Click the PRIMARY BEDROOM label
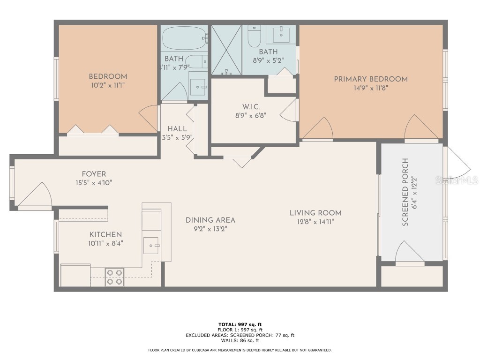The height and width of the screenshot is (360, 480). (370, 79)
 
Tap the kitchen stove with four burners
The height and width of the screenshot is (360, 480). (114, 277)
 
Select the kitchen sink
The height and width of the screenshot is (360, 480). (151, 245)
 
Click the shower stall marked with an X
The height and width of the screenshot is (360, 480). (226, 50)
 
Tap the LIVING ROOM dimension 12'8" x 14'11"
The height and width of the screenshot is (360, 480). (315, 222)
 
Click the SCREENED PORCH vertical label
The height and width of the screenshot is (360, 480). (405, 192)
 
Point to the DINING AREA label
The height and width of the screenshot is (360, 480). (210, 220)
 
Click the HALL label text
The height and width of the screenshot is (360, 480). (177, 128)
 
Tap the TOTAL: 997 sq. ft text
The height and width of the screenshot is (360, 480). (240, 324)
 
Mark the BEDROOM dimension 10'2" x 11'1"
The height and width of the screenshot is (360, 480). (108, 85)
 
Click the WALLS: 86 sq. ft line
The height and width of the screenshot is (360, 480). (240, 341)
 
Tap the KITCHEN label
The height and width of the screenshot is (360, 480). (105, 234)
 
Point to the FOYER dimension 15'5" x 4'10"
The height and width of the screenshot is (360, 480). (94, 183)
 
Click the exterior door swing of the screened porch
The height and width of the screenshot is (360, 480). (457, 162)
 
